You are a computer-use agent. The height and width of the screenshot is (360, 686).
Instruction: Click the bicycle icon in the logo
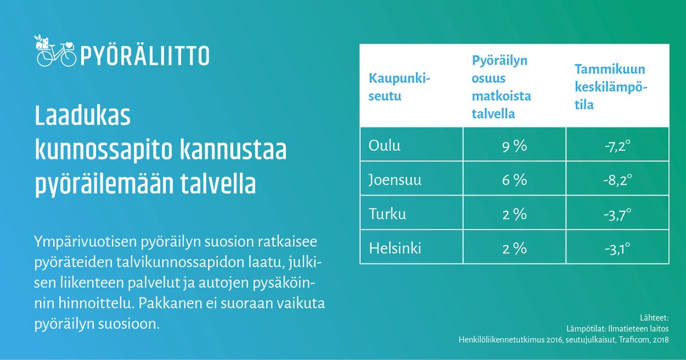[55, 51]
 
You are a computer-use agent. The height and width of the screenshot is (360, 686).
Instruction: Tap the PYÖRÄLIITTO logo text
[145, 55]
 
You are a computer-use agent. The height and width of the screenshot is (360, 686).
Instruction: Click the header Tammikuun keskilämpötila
[610, 87]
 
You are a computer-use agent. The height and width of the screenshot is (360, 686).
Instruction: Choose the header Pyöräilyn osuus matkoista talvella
[501, 87]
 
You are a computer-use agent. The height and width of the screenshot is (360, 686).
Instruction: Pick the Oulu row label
[385, 146]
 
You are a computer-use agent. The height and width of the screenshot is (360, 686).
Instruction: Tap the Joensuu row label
[396, 181]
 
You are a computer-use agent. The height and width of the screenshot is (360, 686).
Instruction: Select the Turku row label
[387, 215]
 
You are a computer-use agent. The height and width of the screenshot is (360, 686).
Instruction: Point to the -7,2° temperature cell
[617, 146]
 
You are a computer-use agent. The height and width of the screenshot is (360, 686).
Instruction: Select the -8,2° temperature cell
[617, 181]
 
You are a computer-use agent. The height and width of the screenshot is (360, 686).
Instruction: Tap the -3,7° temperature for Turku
[617, 215]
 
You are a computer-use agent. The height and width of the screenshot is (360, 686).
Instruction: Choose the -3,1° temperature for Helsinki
[617, 249]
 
